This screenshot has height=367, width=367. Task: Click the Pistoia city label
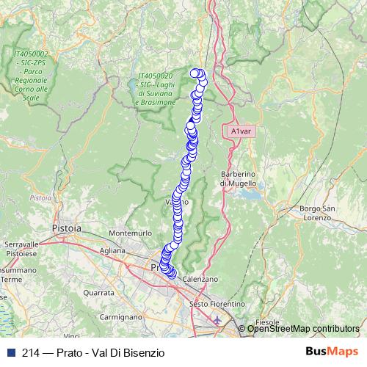[67, 228]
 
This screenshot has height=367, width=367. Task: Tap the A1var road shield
[241, 131]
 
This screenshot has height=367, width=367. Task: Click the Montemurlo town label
[128, 233]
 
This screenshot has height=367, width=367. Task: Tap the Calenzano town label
[201, 279]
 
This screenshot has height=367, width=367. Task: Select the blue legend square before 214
[9, 352]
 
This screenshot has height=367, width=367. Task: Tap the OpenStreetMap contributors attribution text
[304, 329]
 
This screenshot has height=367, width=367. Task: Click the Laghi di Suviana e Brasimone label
[156, 89]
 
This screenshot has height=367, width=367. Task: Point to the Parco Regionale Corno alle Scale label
[32, 76]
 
